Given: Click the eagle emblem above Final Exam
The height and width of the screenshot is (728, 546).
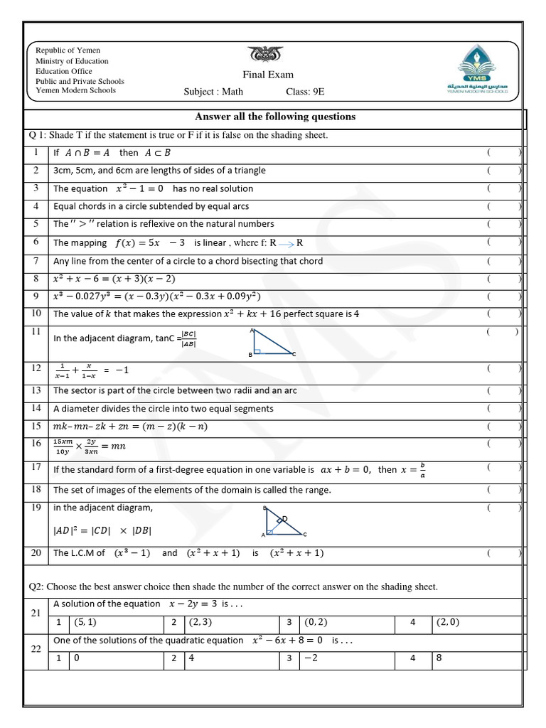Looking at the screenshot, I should click(265, 55).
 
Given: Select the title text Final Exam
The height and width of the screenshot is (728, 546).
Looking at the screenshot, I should click(267, 75).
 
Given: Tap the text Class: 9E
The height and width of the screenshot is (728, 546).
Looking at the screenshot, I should click(306, 92).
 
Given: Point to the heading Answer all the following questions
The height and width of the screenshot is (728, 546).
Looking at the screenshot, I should click(275, 117).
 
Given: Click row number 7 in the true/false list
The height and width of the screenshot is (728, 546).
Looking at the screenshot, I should click(36, 261).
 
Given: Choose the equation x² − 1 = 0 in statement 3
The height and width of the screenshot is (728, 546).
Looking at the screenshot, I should click(139, 188).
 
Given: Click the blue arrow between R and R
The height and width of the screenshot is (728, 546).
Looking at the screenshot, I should click(287, 243).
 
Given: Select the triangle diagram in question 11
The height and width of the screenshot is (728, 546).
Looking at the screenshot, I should click(272, 341).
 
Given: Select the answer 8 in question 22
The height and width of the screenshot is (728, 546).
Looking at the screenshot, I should click(439, 658).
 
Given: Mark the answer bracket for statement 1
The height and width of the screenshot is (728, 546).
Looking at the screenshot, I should click(504, 152).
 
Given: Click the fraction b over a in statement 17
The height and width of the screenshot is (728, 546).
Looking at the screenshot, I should click(422, 470).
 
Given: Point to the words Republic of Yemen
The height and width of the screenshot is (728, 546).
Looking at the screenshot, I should click(68, 50).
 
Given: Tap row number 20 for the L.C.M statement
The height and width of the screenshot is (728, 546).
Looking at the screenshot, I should click(36, 553).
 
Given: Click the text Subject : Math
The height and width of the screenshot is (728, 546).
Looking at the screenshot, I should click(213, 92).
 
